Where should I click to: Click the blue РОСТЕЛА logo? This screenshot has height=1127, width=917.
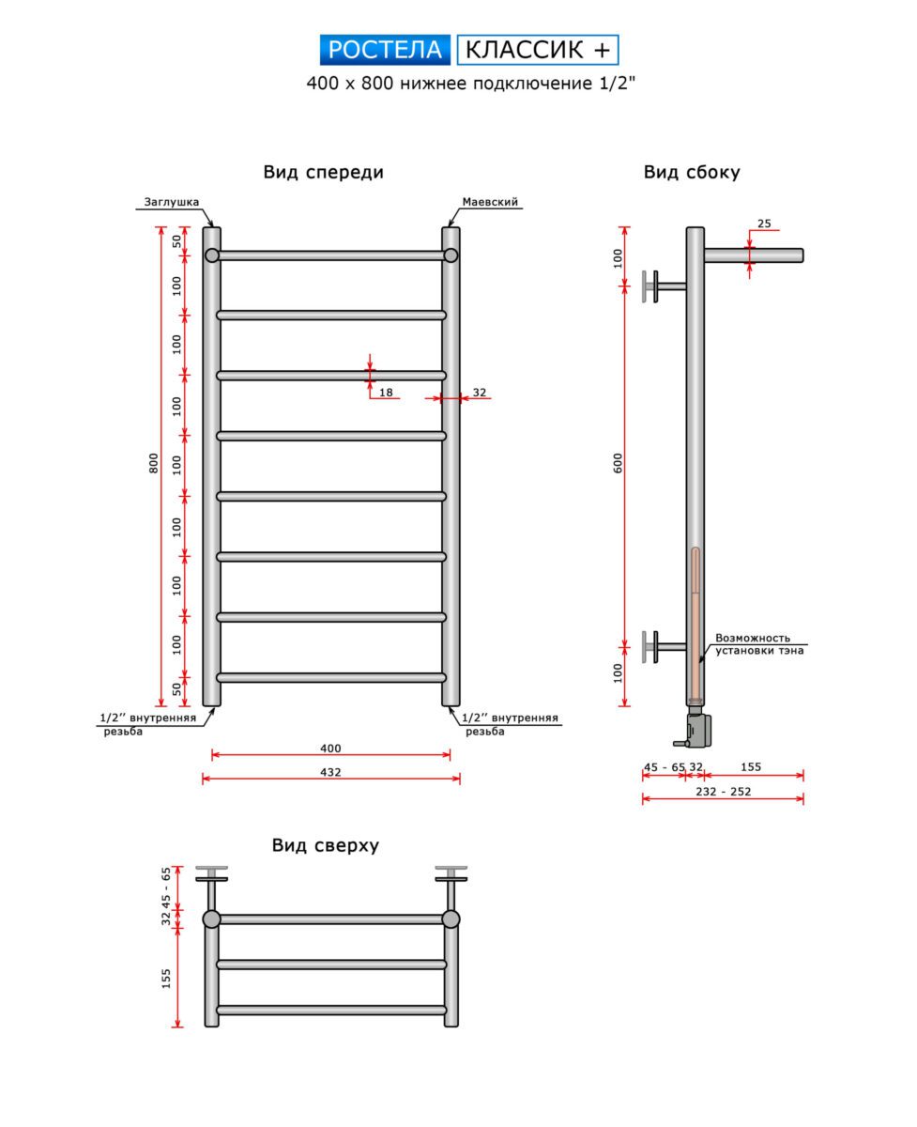(x=386, y=49)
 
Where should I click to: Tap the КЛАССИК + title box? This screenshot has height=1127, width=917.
(x=538, y=49)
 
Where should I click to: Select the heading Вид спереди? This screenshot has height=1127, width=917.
(x=323, y=172)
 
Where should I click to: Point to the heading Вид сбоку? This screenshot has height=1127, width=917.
(x=692, y=172)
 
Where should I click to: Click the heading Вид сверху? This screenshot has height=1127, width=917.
(x=326, y=845)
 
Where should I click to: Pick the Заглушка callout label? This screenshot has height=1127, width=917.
(x=171, y=201)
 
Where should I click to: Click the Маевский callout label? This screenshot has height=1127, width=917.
(x=490, y=202)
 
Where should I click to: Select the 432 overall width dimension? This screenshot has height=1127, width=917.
(x=330, y=772)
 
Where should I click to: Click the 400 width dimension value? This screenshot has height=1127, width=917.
(x=330, y=749)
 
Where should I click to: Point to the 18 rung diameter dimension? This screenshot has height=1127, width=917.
(x=386, y=393)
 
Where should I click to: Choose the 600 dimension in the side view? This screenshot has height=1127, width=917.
(x=619, y=463)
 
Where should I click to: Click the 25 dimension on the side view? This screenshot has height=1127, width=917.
(x=763, y=224)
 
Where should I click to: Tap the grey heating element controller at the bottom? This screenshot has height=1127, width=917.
(x=699, y=729)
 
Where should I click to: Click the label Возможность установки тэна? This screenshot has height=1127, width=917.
(x=758, y=643)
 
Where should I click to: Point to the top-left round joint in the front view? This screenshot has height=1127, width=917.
(x=212, y=255)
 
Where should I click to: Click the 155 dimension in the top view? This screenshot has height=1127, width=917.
(x=166, y=979)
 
